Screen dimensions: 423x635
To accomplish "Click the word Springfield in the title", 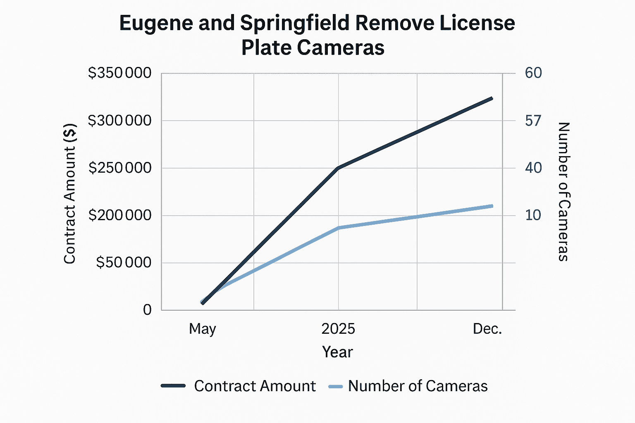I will [x=294, y=23].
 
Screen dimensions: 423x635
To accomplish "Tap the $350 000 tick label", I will [x=120, y=73].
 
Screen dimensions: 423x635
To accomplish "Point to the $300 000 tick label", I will [x=120, y=121].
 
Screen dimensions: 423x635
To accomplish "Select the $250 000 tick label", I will [x=120, y=168].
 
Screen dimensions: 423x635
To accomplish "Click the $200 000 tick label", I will [x=120, y=215].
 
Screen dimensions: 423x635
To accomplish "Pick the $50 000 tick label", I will [x=124, y=263].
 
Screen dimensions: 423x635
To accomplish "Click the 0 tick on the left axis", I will [x=147, y=310].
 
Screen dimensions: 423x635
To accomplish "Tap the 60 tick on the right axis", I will [x=533, y=73].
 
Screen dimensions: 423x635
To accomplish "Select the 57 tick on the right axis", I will [x=533, y=121].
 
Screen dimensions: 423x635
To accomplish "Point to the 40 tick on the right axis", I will [x=533, y=168].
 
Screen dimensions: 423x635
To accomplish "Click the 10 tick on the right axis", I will [x=533, y=215].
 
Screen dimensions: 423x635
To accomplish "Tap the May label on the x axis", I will [x=203, y=329].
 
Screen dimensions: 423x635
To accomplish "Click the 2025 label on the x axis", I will [x=338, y=329].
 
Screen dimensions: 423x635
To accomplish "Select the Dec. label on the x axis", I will [x=487, y=329].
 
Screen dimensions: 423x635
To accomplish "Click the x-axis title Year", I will [x=337, y=352].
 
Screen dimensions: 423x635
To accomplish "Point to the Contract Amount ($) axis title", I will [x=69, y=194].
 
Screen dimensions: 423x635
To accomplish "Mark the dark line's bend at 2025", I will [x=338, y=168].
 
